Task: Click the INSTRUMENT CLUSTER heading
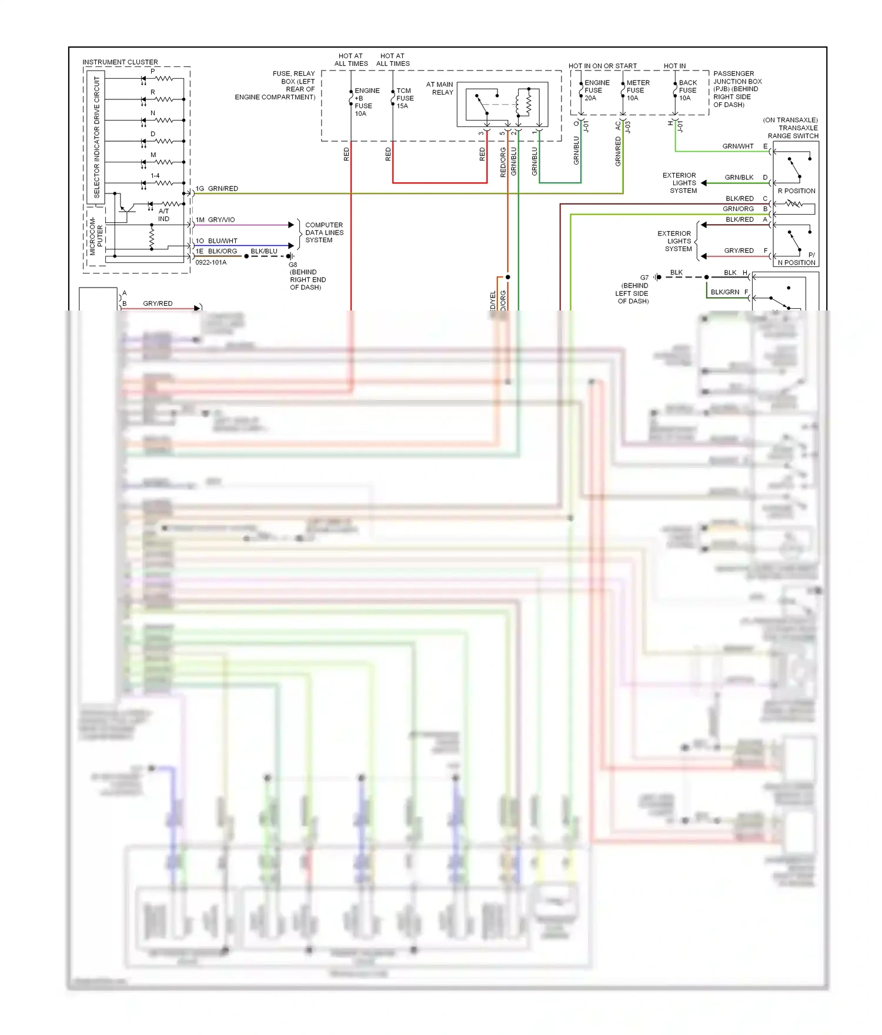point(120,62)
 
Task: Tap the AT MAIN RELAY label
point(440,88)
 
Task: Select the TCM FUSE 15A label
point(405,98)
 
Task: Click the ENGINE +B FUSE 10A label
point(366,102)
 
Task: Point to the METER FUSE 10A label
point(637,90)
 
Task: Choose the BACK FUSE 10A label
point(687,90)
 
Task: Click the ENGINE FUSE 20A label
point(596,90)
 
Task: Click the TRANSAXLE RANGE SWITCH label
point(793,128)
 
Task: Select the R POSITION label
point(796,191)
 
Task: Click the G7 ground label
point(644,278)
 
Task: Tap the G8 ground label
point(293,265)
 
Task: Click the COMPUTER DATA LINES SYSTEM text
point(324,232)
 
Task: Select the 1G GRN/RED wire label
point(217,189)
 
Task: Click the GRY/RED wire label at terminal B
point(158,303)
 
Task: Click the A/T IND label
point(163,215)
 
